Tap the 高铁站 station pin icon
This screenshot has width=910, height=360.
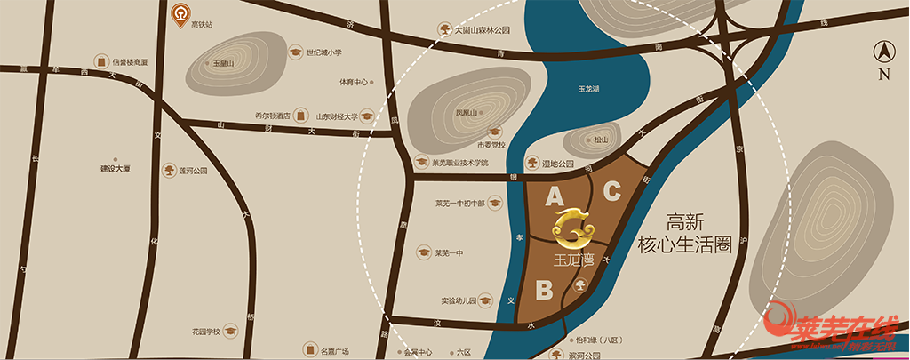(181, 14)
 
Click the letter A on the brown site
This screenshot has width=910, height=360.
(555, 195)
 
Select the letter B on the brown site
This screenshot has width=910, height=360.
(545, 289)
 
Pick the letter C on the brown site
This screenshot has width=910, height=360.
(612, 190)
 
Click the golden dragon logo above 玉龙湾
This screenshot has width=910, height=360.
(574, 228)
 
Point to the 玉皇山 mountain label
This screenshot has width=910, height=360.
(223, 64)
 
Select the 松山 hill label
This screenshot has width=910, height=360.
(601, 140)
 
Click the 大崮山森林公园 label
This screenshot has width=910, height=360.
(483, 29)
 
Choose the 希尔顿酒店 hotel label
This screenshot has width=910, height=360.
(273, 116)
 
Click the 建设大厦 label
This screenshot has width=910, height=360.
(116, 168)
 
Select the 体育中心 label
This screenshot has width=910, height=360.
(353, 82)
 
